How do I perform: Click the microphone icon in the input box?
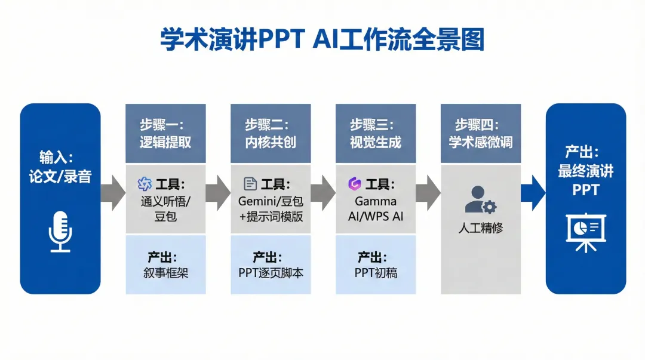coord(60,231)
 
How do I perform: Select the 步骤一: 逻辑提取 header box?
coord(165,133)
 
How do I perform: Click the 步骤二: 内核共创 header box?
coord(271,133)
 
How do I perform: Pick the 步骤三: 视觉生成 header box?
coord(376,133)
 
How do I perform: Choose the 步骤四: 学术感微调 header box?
coord(481,133)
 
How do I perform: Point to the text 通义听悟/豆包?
coord(165,208)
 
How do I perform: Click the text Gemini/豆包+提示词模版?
coord(271,208)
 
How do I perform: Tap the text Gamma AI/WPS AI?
coord(376,208)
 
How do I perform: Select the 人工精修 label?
coord(481,228)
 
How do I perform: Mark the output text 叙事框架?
coord(165,273)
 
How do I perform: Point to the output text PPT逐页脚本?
coord(271,273)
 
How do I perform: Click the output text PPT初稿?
coord(376,273)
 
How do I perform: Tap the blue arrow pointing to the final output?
coord(533,193)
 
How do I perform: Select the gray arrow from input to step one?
coord(112,193)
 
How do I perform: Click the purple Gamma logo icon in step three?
coord(355,184)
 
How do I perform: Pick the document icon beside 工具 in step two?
coord(250,184)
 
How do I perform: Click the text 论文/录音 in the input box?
coord(60,177)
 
